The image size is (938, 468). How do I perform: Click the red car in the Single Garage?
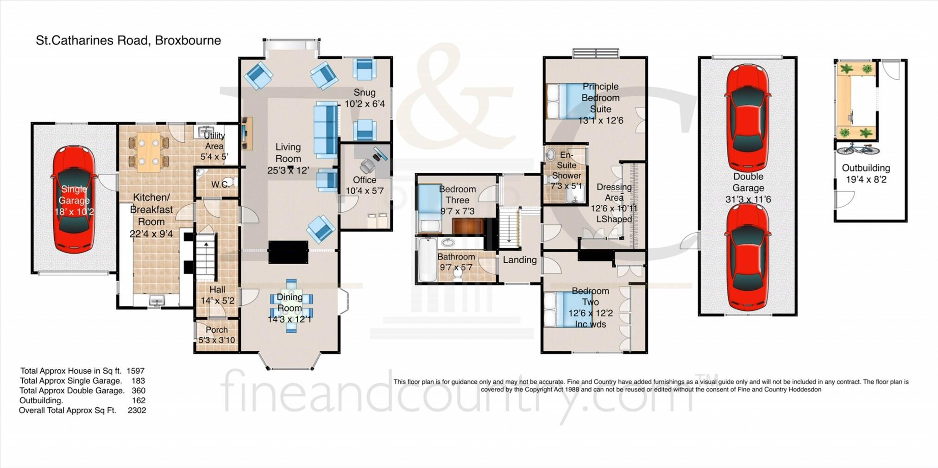[x=74, y=199]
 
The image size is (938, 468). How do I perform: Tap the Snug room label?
[x=364, y=93]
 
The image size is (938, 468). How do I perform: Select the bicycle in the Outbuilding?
[x=857, y=149]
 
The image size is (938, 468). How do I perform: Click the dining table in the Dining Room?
[x=291, y=305]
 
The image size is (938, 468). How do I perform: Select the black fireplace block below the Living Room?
[x=288, y=252]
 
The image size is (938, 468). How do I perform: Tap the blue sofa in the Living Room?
[x=326, y=130]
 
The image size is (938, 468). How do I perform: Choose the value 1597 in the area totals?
[x=135, y=371]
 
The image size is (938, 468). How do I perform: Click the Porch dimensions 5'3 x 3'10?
[x=216, y=340]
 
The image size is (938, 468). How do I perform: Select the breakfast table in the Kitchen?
[x=149, y=152]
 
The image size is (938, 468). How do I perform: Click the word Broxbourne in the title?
[x=188, y=41]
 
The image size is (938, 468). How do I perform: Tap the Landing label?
[x=519, y=260]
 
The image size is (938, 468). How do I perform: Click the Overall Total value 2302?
[x=137, y=411]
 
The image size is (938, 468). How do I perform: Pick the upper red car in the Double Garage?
[x=748, y=118]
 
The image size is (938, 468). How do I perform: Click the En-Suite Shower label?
[x=566, y=165]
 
